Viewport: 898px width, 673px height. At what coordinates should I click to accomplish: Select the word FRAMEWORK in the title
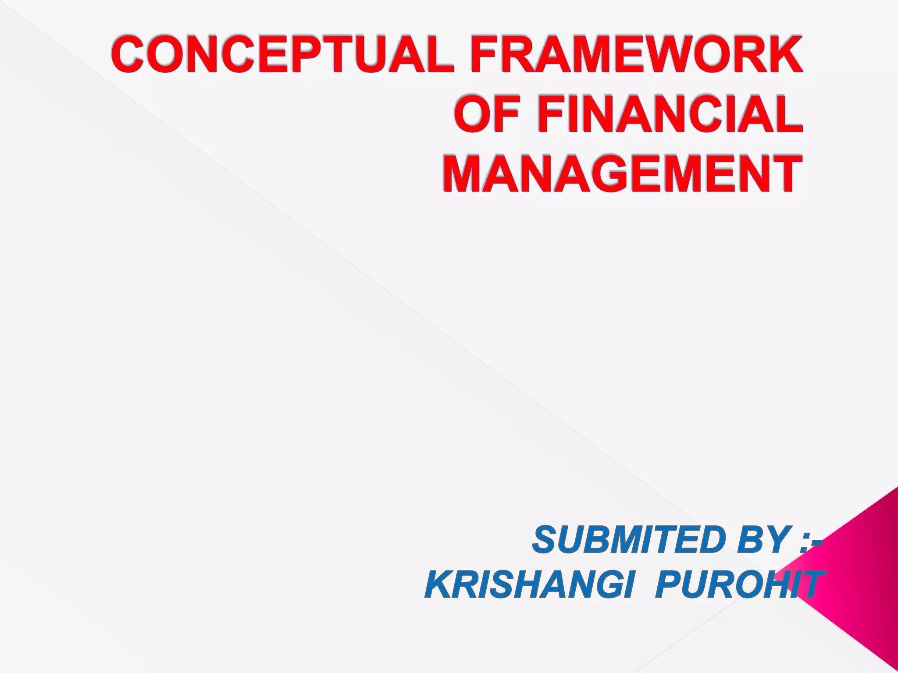click(x=637, y=56)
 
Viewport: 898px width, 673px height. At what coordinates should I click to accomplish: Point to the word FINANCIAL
click(x=671, y=116)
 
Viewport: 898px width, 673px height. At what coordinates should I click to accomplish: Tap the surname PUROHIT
click(x=737, y=585)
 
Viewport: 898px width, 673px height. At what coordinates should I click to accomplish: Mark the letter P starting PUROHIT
click(x=668, y=585)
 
